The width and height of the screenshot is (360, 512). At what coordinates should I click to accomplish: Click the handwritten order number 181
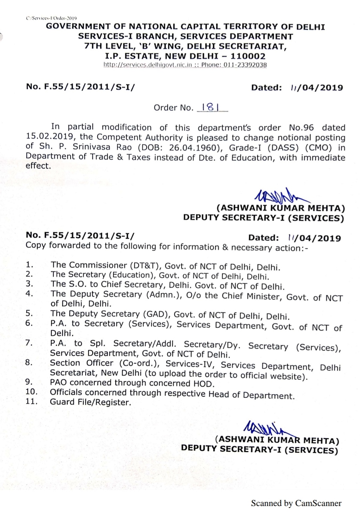[210, 107]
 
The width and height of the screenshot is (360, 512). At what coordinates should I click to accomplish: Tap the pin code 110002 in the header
[248, 56]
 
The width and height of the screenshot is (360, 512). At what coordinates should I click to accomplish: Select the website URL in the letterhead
[148, 65]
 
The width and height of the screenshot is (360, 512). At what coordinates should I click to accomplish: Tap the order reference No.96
[301, 128]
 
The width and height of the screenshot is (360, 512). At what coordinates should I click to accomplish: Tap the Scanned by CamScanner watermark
[296, 503]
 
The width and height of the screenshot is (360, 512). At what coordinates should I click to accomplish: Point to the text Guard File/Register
[90, 402]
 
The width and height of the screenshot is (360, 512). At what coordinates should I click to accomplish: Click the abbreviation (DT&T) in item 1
[146, 266]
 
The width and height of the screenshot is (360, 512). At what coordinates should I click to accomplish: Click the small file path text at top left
[51, 18]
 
